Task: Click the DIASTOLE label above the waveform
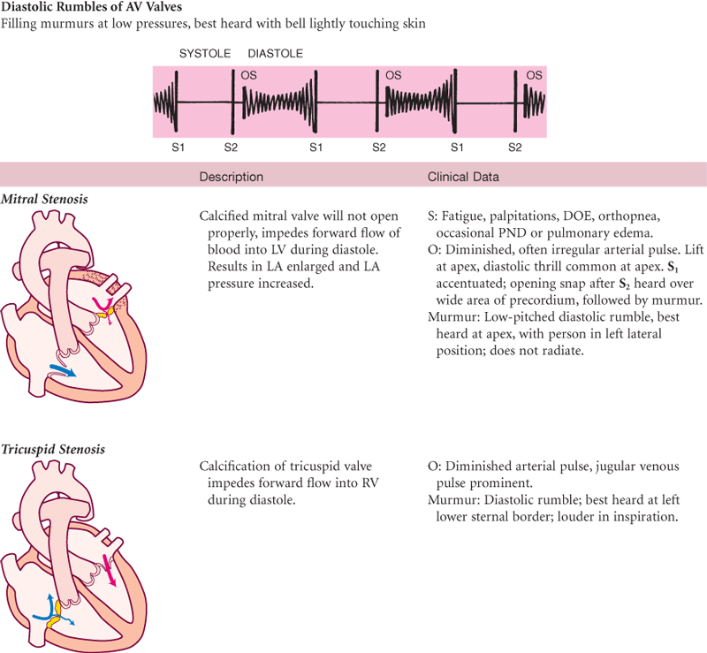pos(276,54)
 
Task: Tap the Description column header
pos(231,177)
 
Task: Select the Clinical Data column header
pos(463,177)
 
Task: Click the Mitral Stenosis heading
pos(49,198)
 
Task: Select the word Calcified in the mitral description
pos(224,216)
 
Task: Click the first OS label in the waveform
pos(249,77)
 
